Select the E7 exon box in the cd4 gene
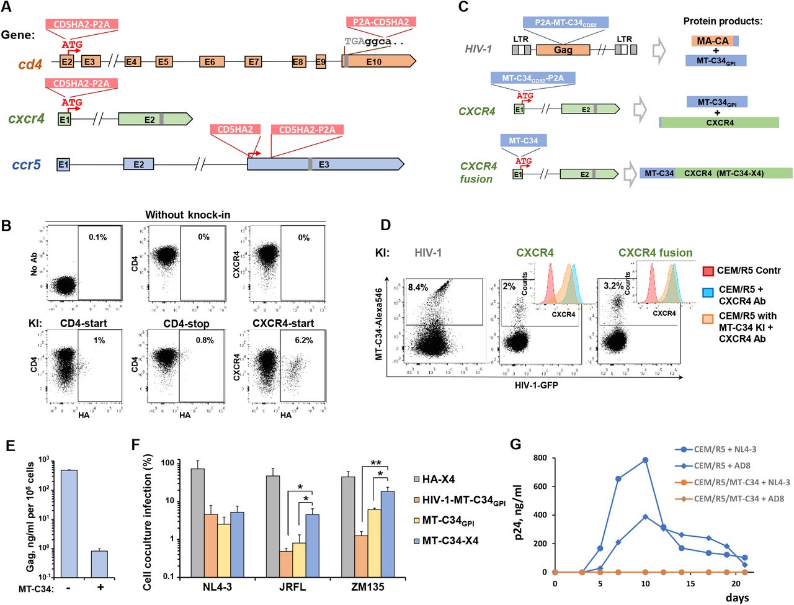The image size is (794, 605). coord(253,61)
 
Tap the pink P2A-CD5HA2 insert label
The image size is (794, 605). coord(380,22)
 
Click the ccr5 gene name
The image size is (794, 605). coord(26,165)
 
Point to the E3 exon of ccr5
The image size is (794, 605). coord(324,164)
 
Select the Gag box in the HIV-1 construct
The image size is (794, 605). coord(563,50)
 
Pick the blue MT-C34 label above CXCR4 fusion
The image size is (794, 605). coord(524,141)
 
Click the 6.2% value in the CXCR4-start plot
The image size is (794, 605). coord(304,340)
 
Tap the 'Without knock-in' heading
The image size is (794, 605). coord(187,215)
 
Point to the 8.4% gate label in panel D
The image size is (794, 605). coord(418,287)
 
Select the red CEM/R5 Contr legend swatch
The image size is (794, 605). coord(708,271)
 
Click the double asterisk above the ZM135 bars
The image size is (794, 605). coord(376,463)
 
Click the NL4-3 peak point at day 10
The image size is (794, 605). coord(645,460)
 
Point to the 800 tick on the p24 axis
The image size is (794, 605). coord(540,458)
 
